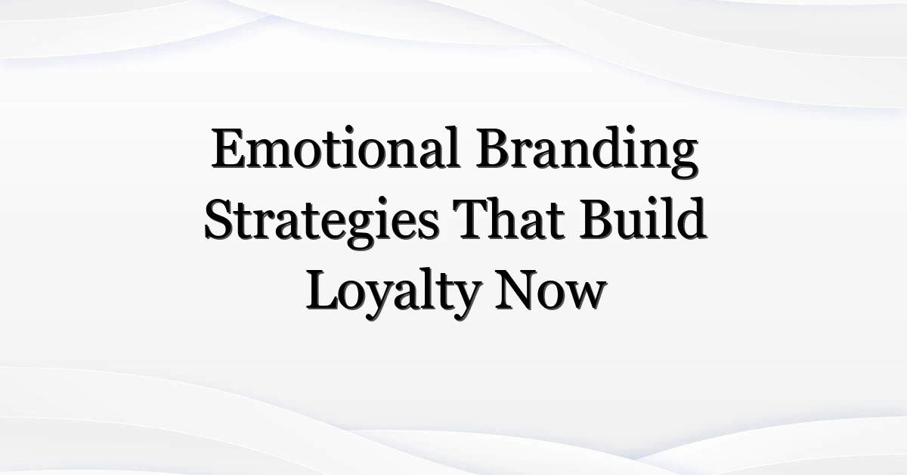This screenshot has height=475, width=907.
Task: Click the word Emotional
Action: [x=336, y=148]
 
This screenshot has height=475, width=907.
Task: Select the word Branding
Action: [x=587, y=152]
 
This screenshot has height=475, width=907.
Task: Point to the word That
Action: [x=509, y=219]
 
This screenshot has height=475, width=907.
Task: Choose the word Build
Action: [x=643, y=219]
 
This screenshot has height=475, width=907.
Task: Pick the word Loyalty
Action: [x=393, y=294]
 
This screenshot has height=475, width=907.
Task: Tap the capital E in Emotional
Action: [x=229, y=148]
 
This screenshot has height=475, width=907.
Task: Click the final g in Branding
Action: [x=683, y=160]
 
